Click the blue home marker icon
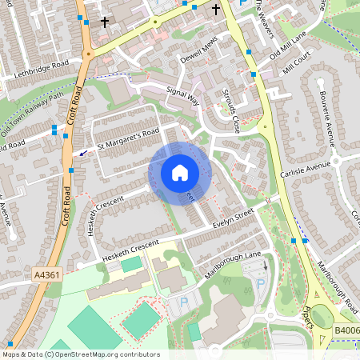click(x=180, y=173)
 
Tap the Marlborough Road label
click(x=337, y=285)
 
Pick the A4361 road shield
click(x=46, y=274)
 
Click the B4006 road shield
click(x=346, y=330)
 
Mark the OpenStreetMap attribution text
click(x=80, y=354)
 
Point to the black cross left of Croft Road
click(x=105, y=22)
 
